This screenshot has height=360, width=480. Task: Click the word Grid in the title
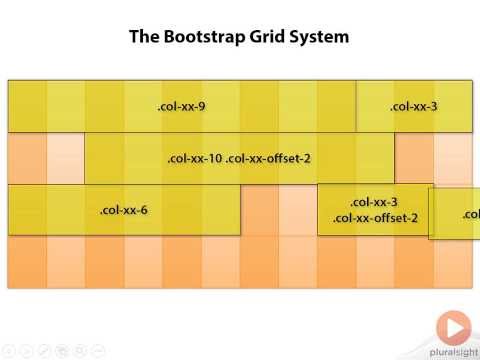tap(272, 38)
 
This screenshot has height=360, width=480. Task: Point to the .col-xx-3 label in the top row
tap(414, 107)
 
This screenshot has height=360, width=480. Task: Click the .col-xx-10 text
tap(194, 158)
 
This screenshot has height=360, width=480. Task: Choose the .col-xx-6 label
tap(124, 210)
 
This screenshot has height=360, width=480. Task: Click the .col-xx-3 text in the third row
tap(375, 202)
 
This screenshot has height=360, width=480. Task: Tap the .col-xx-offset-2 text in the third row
tap(375, 218)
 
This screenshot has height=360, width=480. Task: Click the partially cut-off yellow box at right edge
tap(456, 213)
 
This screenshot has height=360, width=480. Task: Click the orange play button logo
tap(454, 328)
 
